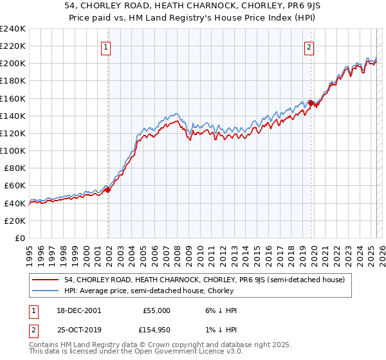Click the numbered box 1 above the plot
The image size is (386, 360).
pyautogui.click(x=105, y=46)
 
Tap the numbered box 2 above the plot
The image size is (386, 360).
pyautogui.click(x=309, y=46)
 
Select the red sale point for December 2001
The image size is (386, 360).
pyautogui.click(x=108, y=190)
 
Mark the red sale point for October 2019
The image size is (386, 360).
pyautogui.click(x=311, y=103)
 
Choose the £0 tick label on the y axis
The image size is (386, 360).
pyautogui.click(x=19, y=238)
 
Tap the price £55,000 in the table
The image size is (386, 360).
pyautogui.click(x=156, y=310)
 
